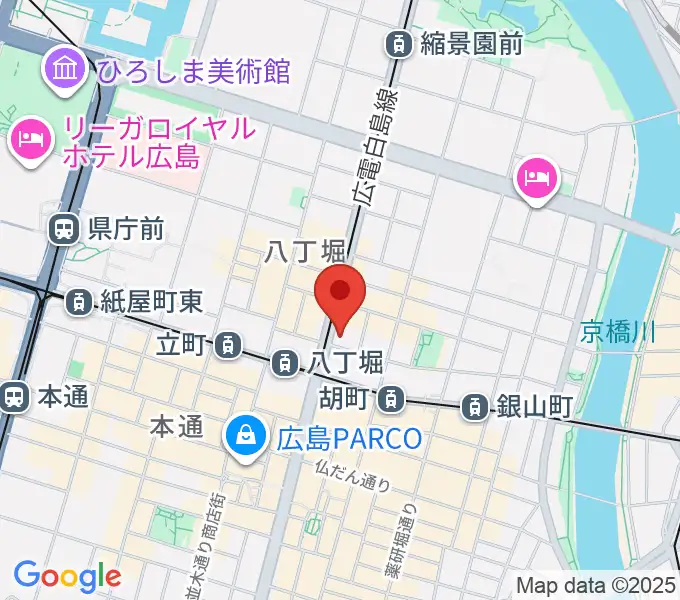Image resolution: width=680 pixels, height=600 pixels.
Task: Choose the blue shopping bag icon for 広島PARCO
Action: pos(243,437)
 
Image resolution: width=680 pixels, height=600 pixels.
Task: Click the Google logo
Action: pos(67,575)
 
